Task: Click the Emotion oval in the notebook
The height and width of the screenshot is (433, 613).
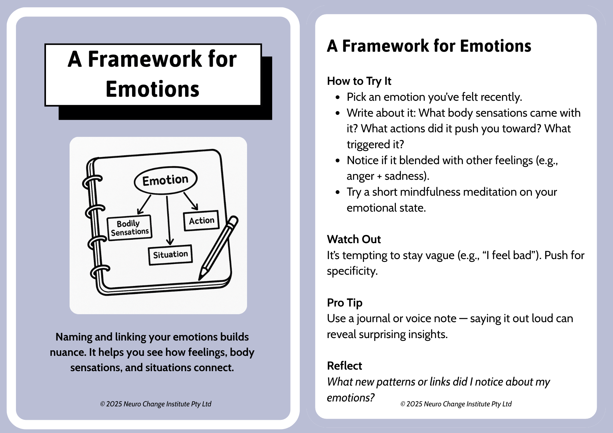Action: tap(166, 180)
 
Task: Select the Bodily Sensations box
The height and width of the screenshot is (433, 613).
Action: tap(130, 228)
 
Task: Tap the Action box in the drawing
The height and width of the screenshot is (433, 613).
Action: tap(201, 220)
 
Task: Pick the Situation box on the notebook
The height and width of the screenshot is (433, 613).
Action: tap(170, 254)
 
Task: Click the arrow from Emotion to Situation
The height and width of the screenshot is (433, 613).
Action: tap(168, 220)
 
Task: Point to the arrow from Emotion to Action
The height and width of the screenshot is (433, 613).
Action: tap(191, 201)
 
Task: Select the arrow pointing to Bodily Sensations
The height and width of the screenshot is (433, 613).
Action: tap(144, 204)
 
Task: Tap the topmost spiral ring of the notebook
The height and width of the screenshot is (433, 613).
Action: tap(92, 182)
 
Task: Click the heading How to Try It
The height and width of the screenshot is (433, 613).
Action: tap(359, 81)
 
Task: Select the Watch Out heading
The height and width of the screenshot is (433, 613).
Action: tap(354, 239)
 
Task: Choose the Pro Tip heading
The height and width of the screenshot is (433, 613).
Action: tap(345, 303)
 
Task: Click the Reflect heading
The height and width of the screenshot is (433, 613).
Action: tap(344, 366)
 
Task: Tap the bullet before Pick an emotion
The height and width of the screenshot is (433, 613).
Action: tap(338, 98)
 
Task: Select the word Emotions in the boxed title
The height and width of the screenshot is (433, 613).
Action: tap(152, 89)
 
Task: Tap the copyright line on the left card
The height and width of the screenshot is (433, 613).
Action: tap(156, 404)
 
